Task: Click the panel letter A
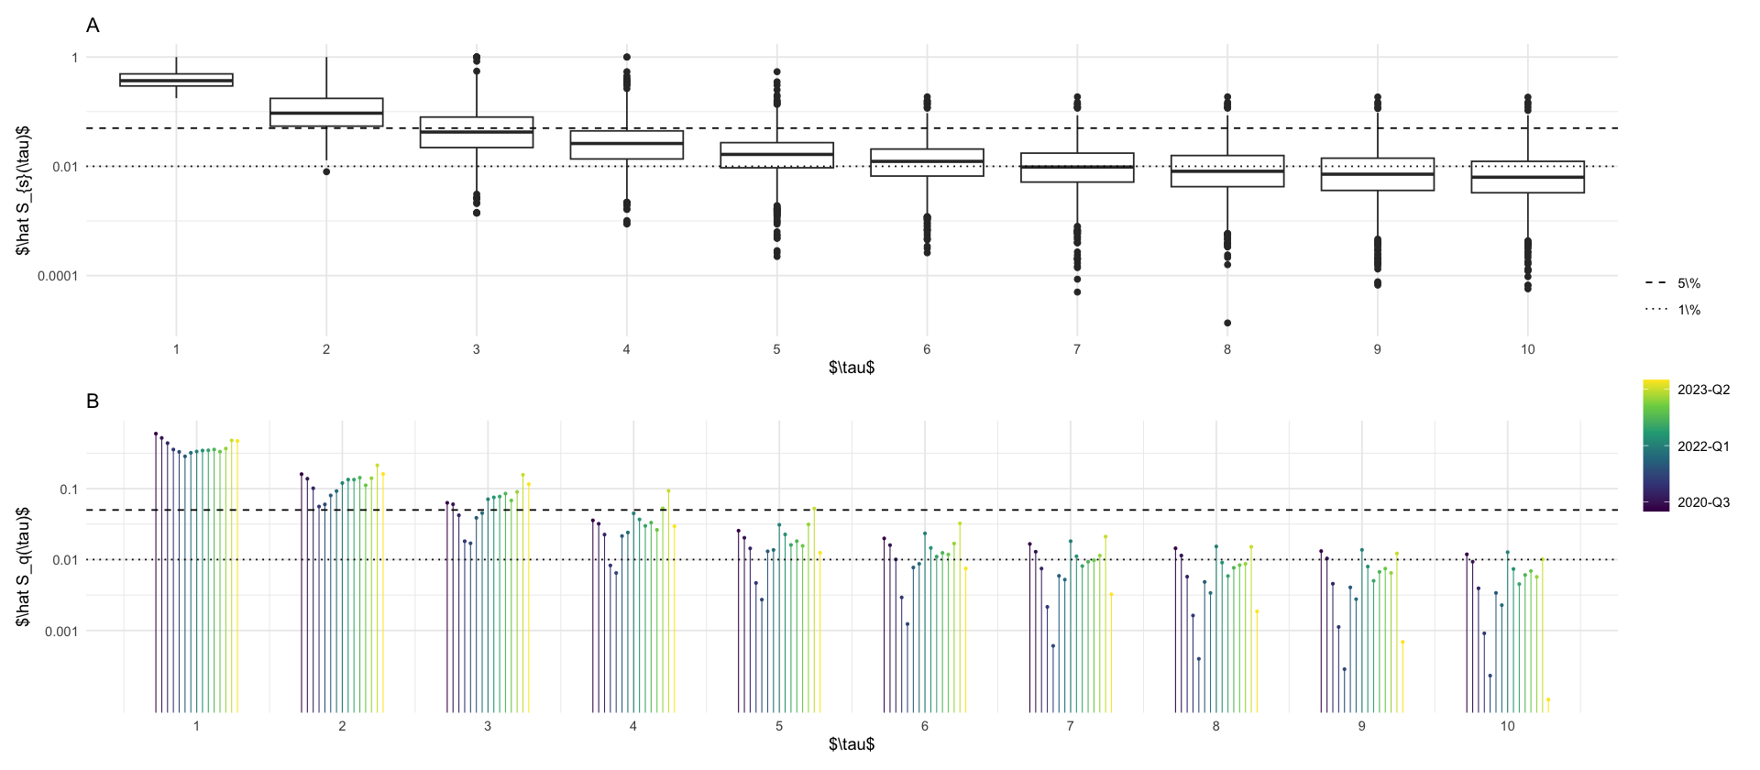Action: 93,26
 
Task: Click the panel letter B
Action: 93,401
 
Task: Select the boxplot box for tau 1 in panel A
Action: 176,80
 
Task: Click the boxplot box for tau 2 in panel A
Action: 326,112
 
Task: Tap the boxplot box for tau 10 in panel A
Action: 1527,177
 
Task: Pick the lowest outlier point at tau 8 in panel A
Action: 1227,323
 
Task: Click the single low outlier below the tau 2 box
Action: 326,171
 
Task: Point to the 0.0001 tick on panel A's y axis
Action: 58,276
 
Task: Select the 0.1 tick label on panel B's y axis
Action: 69,489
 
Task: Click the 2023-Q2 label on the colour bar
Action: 1703,390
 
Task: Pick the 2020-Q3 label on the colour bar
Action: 1703,502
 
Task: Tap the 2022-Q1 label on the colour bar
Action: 1703,446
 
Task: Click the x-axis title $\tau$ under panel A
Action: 852,368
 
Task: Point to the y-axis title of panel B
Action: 23,566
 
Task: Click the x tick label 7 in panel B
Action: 1070,726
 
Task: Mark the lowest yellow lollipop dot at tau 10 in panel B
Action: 1548,699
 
